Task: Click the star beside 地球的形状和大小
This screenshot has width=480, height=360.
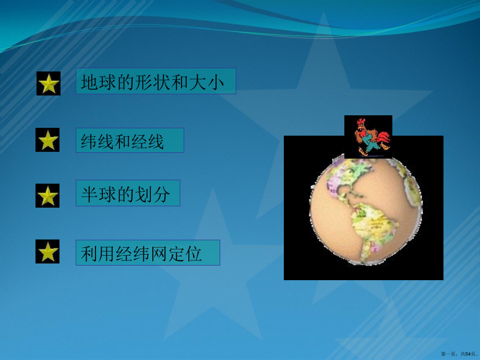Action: pos(49,84)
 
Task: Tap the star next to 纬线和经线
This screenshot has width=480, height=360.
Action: pos(47,140)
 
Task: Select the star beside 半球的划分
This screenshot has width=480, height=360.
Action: pos(47,196)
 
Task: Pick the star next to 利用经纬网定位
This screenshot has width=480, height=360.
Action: pos(47,252)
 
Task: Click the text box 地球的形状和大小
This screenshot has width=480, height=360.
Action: pos(155,81)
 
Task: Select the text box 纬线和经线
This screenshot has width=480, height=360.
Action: pos(129,140)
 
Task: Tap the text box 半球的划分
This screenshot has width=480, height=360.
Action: pos(127,194)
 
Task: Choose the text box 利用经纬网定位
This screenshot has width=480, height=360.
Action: pos(148,253)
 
